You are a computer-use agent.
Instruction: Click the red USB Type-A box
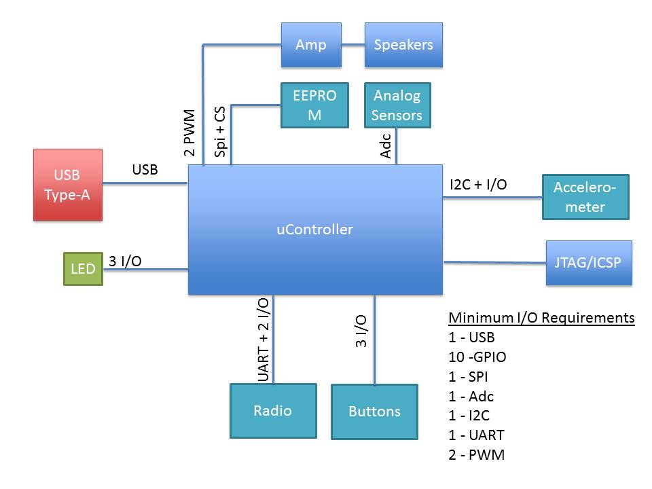[68, 185]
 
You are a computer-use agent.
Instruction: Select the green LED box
[83, 268]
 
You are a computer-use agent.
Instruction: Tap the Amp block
[311, 45]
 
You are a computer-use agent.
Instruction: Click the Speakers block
[403, 45]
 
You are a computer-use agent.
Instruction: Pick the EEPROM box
[314, 105]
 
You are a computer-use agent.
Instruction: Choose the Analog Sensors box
[397, 105]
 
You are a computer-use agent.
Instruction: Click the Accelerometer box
[585, 197]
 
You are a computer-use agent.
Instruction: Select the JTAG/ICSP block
[589, 262]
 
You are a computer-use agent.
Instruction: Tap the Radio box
[273, 411]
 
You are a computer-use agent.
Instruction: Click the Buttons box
[374, 412]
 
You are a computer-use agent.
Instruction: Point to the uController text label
[315, 230]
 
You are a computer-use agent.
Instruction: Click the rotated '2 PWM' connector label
[190, 132]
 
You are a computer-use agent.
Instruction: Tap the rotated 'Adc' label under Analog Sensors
[386, 145]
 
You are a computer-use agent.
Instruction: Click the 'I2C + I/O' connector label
[478, 184]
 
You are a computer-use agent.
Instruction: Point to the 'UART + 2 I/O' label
[264, 340]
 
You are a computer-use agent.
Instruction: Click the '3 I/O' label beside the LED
[125, 261]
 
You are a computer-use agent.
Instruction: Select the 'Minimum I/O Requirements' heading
[541, 318]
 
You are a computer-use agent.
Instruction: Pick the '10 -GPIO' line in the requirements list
[477, 357]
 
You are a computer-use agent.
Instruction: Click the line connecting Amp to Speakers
[353, 46]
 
